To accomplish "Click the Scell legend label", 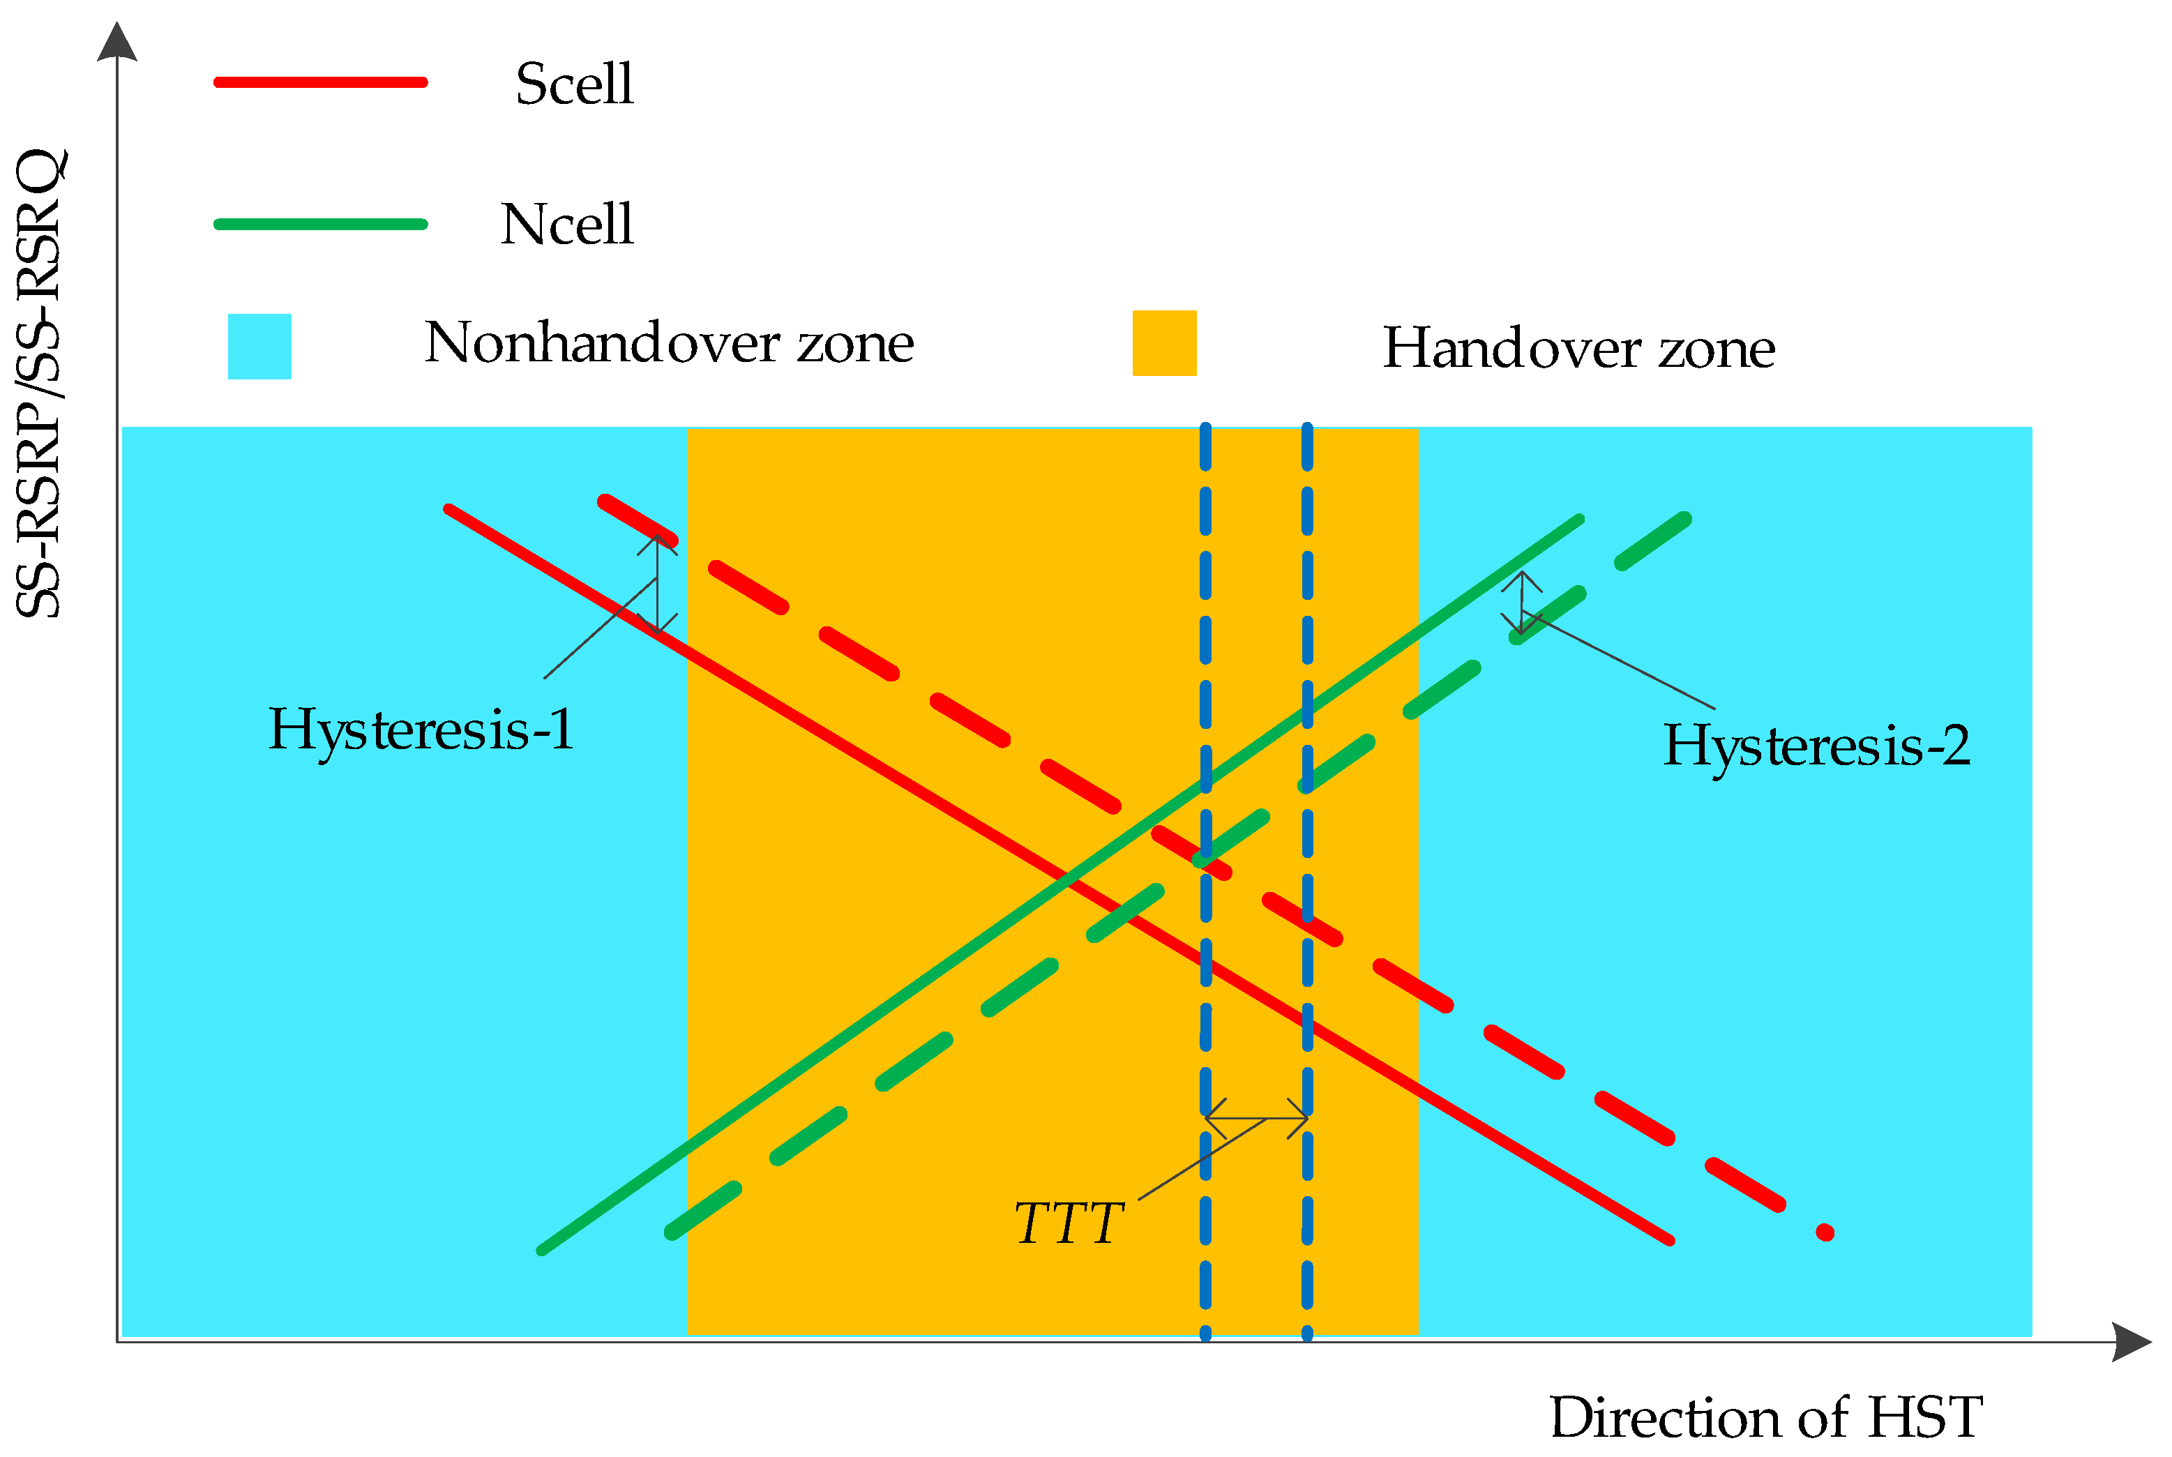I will pyautogui.click(x=574, y=84).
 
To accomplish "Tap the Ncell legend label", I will pyautogui.click(x=566, y=225).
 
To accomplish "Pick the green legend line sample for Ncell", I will pyautogui.click(x=321, y=224).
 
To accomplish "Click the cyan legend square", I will pyautogui.click(x=259, y=347).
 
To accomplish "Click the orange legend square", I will pyautogui.click(x=1164, y=343).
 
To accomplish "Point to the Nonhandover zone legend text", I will pyautogui.click(x=669, y=344).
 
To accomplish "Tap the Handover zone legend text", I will pyautogui.click(x=1578, y=349).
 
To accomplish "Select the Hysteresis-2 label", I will pyautogui.click(x=1816, y=745).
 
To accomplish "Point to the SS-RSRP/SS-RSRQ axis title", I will pyautogui.click(x=39, y=383).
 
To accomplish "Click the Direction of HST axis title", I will pyautogui.click(x=1765, y=1418).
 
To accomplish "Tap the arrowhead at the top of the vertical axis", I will pyautogui.click(x=117, y=42).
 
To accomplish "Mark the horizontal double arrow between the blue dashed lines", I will pyautogui.click(x=1256, y=1119).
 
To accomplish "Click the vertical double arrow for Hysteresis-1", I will pyautogui.click(x=657, y=585).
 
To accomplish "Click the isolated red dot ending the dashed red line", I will pyautogui.click(x=1825, y=1233).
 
